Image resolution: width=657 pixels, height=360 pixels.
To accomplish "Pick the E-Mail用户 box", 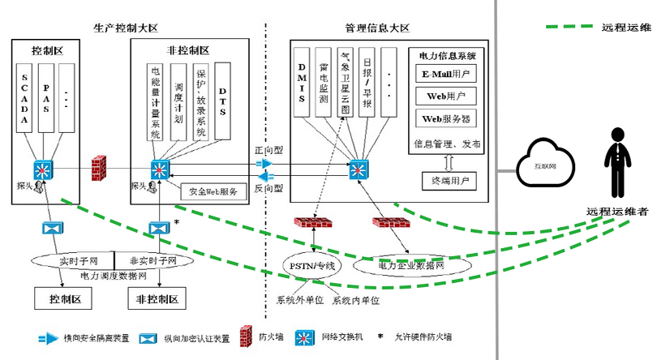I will click(446, 74).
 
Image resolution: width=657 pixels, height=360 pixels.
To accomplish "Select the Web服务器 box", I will click(446, 118).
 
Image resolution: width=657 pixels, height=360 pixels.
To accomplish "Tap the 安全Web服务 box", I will click(213, 192).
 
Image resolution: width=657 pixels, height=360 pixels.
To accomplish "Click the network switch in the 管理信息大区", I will click(358, 171).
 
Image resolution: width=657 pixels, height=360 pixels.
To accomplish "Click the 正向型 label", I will click(268, 152).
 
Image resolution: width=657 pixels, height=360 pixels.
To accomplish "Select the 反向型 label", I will click(268, 188).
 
